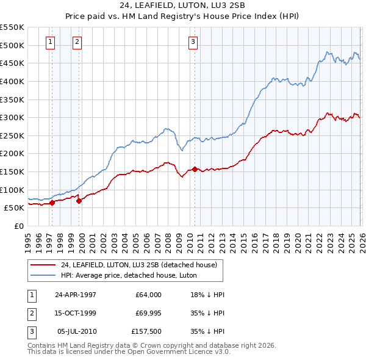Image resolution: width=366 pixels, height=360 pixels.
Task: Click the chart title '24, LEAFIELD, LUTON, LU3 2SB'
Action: [x=183, y=6]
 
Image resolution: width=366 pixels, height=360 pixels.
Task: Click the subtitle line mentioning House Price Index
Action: [x=183, y=16]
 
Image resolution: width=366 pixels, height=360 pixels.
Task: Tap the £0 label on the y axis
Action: [x=18, y=226]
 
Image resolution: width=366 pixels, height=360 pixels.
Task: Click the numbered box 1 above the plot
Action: [x=49, y=42]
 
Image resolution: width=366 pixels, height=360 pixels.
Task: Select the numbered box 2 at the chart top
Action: [x=77, y=42]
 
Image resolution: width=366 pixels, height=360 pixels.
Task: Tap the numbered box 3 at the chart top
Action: [x=193, y=42]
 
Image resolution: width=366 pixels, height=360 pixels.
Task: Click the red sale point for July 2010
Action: [x=195, y=169]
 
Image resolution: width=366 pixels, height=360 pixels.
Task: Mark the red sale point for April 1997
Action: [x=52, y=203]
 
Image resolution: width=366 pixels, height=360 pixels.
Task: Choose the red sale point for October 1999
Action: [x=79, y=201]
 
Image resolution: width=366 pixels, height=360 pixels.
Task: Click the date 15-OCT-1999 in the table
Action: [x=76, y=314]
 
